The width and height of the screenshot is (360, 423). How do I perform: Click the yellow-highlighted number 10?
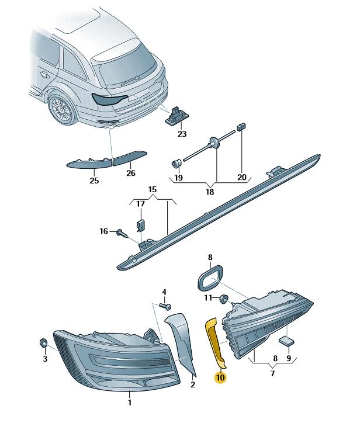click(220, 377)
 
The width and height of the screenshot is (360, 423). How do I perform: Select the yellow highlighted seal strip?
click(215, 342)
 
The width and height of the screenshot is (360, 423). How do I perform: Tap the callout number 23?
click(182, 134)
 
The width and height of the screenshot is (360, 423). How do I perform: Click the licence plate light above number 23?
click(176, 116)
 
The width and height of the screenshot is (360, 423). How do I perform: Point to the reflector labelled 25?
click(89, 163)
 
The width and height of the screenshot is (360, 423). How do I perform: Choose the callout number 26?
click(131, 173)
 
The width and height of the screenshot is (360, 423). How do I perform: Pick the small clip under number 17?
click(140, 226)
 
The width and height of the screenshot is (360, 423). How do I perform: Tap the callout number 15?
click(153, 189)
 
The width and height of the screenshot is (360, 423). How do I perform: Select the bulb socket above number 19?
click(176, 163)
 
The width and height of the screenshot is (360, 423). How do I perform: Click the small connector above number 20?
click(241, 126)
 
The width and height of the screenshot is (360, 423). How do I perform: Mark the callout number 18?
click(210, 192)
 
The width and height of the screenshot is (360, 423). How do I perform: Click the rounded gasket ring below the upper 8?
click(210, 278)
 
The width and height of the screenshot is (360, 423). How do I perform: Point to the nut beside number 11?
click(224, 299)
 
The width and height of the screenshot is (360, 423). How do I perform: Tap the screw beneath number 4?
click(165, 306)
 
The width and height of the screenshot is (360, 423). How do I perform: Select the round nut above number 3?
click(43, 342)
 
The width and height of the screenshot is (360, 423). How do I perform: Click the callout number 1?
click(130, 403)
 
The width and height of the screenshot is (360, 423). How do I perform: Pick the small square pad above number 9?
click(286, 341)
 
